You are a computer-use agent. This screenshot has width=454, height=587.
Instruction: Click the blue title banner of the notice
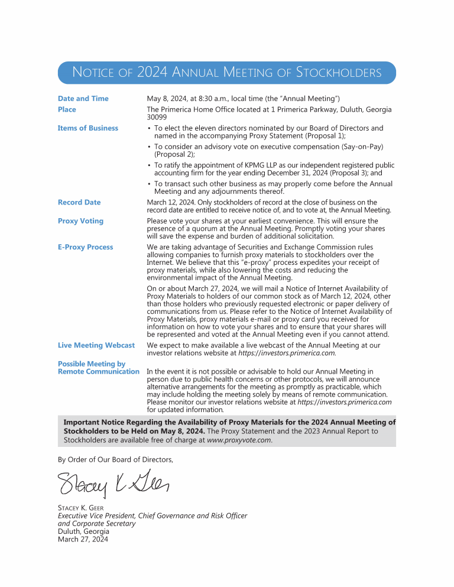tap(226, 73)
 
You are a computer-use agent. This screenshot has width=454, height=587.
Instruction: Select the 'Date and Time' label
tap(83, 99)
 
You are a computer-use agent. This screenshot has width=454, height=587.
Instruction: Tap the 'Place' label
tap(67, 109)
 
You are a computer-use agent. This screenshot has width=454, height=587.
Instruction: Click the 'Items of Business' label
tap(87, 128)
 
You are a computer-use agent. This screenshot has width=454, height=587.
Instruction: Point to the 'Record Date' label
tap(79, 202)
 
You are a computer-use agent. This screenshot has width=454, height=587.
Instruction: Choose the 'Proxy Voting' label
tap(80, 221)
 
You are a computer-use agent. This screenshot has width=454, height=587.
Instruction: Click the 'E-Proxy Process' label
tap(85, 247)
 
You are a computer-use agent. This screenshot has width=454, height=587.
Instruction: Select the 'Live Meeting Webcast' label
tap(96, 345)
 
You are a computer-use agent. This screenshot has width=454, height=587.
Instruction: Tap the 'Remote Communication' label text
tap(98, 372)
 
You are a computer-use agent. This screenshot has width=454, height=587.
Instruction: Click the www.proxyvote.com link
tap(239, 440)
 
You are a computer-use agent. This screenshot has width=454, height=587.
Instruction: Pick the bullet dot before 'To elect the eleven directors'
tap(149, 128)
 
